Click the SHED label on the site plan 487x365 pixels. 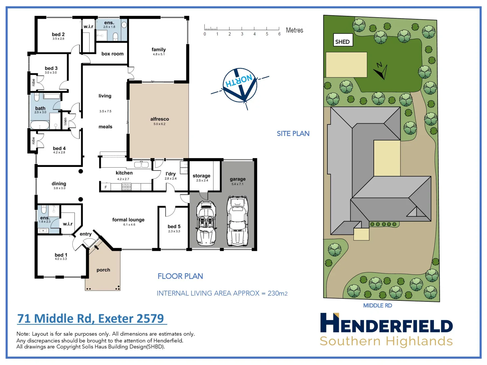point(342,42)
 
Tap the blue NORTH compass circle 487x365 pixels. point(240,85)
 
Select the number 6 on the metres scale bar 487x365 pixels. point(279,34)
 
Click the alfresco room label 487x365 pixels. point(160,119)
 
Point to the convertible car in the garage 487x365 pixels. point(206,223)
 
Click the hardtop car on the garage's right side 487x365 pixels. point(237,221)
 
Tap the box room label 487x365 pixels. point(112,54)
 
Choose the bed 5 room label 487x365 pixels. point(174,226)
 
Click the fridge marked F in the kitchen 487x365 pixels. point(106,187)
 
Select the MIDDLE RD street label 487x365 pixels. point(377,306)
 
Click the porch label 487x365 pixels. point(103,270)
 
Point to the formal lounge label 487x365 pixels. point(128,220)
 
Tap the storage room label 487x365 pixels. point(201,176)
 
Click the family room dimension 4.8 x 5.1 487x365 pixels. point(159,54)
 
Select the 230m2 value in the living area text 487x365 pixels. point(277,293)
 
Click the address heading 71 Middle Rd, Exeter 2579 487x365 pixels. point(91,318)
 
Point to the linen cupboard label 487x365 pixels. point(65,121)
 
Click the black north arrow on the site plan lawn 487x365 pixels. point(381,71)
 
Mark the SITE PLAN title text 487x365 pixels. point(293,133)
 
